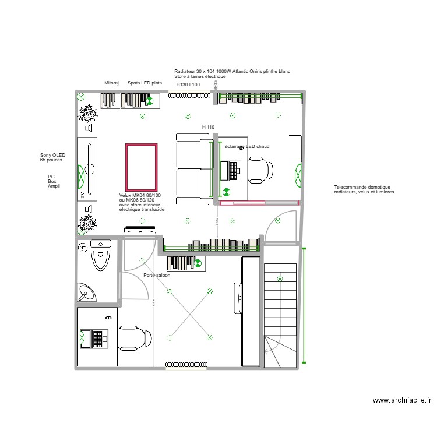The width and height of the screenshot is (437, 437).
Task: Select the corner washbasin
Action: tap(87, 292)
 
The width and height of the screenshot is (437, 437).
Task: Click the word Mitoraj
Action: tap(111, 83)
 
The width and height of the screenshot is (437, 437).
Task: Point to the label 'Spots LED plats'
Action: tap(145, 83)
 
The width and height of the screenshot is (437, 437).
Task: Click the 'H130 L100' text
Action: tap(188, 84)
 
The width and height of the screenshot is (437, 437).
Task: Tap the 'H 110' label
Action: tap(208, 127)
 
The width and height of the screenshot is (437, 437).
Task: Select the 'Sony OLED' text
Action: tap(53, 155)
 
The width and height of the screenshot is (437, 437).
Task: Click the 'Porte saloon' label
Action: tap(157, 275)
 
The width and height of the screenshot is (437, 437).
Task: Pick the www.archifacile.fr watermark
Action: tap(401, 400)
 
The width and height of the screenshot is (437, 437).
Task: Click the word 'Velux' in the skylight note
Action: tap(125, 195)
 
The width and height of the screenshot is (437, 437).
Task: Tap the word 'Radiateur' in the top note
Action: tap(185, 71)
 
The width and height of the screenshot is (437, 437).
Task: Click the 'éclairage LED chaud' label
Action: tap(247, 147)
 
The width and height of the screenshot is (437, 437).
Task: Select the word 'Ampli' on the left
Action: tap(54, 186)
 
